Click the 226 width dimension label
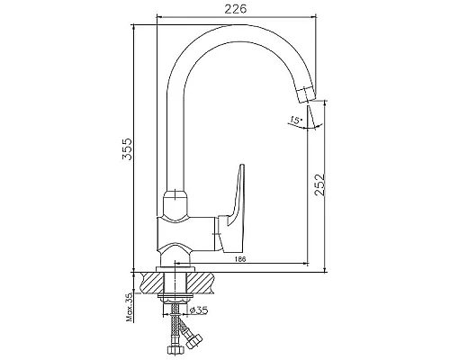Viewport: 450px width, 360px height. pyautogui.click(x=236, y=9)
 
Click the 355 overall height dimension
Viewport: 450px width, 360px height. pyautogui.click(x=127, y=149)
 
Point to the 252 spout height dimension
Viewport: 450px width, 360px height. pyautogui.click(x=319, y=184)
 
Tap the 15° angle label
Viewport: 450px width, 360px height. pyautogui.click(x=295, y=121)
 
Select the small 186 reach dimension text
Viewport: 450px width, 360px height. pyautogui.click(x=240, y=259)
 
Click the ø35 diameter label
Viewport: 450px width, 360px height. pyautogui.click(x=199, y=310)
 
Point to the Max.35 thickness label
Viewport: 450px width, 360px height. pyautogui.click(x=130, y=307)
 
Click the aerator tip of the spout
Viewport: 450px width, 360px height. pyautogui.click(x=308, y=94)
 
